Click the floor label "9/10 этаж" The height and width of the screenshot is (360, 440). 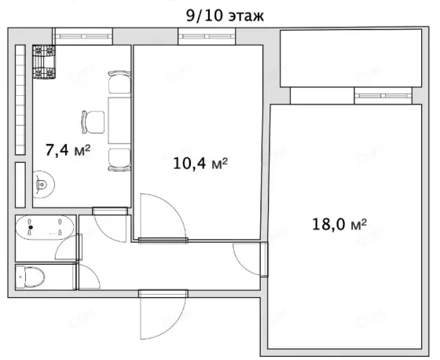click(x=225, y=16)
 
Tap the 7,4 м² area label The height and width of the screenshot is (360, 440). click(x=68, y=150)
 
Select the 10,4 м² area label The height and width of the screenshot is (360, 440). click(x=200, y=163)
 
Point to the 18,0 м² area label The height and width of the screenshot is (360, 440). click(x=339, y=224)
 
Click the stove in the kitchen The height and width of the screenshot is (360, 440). click(x=44, y=61)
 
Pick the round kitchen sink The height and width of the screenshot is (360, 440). click(x=43, y=184)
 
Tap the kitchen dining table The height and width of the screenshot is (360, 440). click(x=119, y=120)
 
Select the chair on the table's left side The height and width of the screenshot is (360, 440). click(x=93, y=122)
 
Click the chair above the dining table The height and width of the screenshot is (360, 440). click(x=119, y=82)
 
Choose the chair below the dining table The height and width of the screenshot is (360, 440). click(x=119, y=160)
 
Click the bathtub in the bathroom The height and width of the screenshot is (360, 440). click(x=45, y=227)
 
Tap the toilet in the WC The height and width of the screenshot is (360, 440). click(x=30, y=277)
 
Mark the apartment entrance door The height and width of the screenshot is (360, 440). click(x=163, y=314)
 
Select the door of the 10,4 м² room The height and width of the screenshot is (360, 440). click(x=163, y=218)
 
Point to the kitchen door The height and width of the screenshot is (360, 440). click(x=110, y=225)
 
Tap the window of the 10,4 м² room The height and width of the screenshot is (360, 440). click(x=207, y=36)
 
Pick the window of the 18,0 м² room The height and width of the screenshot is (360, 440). click(x=383, y=96)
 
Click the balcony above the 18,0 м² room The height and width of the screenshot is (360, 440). click(x=350, y=58)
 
